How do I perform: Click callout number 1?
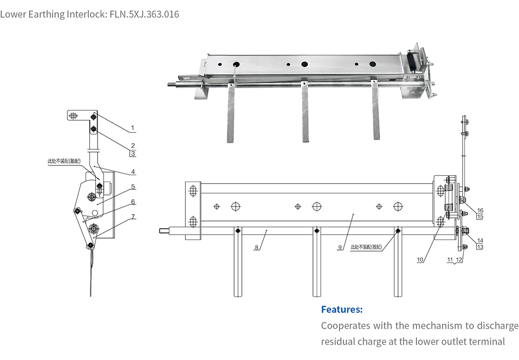pos(132,128)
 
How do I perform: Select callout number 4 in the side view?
pos(133,172)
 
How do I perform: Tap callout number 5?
pos(133,187)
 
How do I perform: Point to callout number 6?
pos(133,202)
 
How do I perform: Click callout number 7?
pos(133,216)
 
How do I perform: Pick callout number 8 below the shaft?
pos(256,248)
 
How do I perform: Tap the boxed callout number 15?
pos(480,216)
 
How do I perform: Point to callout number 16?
pos(480,210)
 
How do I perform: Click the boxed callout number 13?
pos(480,247)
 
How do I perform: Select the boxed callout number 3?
pos(133,154)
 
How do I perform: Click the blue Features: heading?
pos(342,310)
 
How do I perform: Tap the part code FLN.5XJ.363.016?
pos(144,14)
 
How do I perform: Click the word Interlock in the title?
pos(87,14)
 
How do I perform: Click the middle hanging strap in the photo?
pos(305,117)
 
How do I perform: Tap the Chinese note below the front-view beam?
pos(366,247)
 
